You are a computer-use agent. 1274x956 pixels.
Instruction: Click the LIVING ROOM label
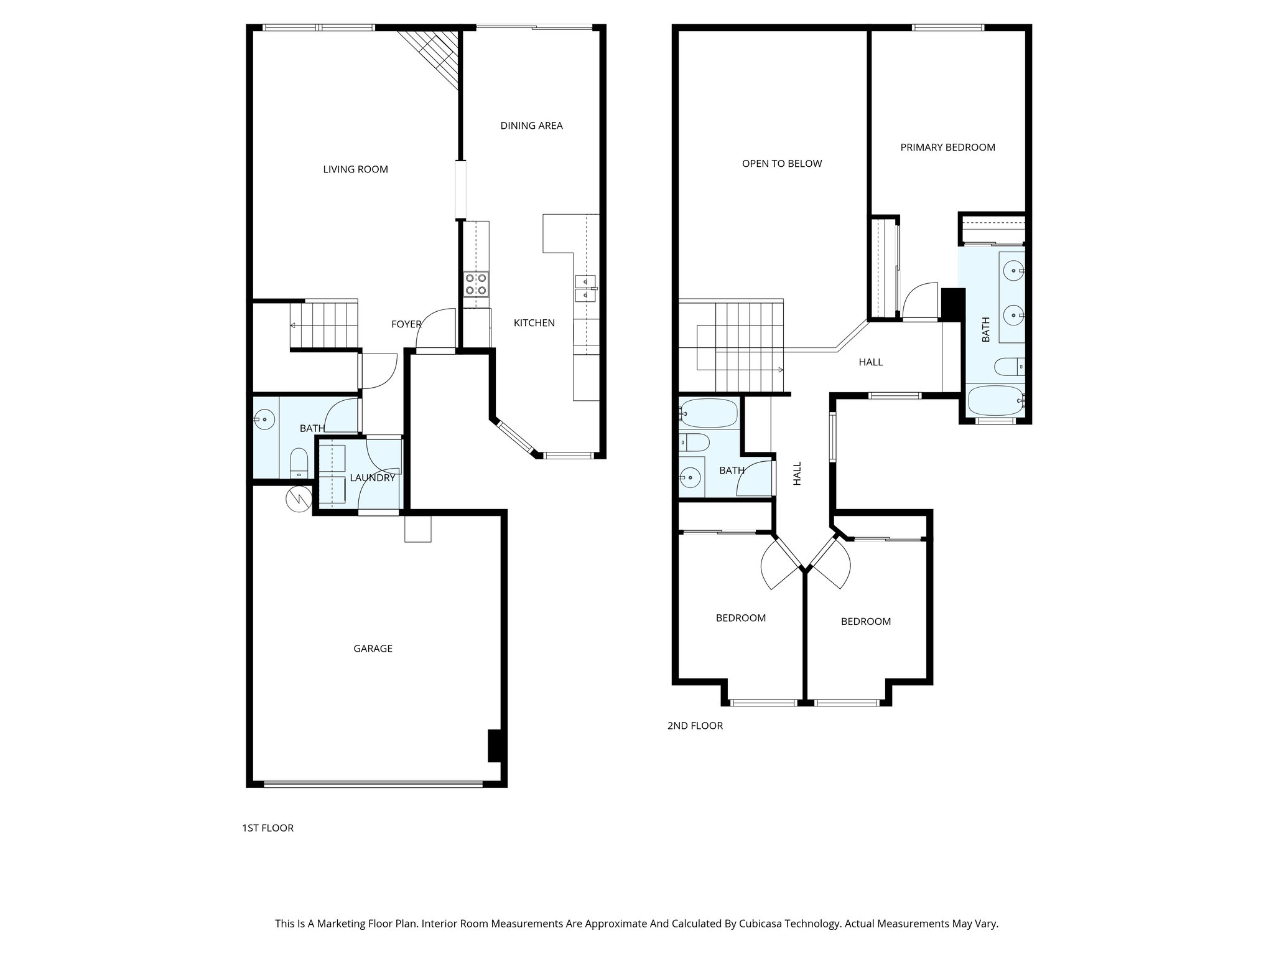tap(355, 169)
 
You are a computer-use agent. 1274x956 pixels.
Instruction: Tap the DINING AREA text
tap(531, 126)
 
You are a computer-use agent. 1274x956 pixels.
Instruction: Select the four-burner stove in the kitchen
tap(476, 284)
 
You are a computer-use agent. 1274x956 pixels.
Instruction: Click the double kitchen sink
tap(585, 289)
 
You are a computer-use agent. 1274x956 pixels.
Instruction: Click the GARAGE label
tap(373, 649)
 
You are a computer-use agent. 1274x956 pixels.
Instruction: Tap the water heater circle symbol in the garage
tap(298, 499)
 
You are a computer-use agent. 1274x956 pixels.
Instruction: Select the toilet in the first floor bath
tap(299, 463)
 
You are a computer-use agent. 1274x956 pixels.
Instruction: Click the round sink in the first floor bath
tap(265, 419)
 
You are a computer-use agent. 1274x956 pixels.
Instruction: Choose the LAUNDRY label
tap(372, 478)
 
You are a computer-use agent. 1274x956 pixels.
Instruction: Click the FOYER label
tap(406, 324)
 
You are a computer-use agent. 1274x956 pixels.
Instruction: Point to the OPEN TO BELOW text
tap(782, 164)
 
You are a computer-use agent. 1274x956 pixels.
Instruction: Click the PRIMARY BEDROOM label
tap(947, 148)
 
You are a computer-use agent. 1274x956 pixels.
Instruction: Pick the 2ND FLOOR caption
tap(695, 726)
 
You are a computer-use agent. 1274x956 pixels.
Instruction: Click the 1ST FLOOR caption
tap(267, 828)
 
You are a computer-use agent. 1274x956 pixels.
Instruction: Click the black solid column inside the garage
tap(494, 745)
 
